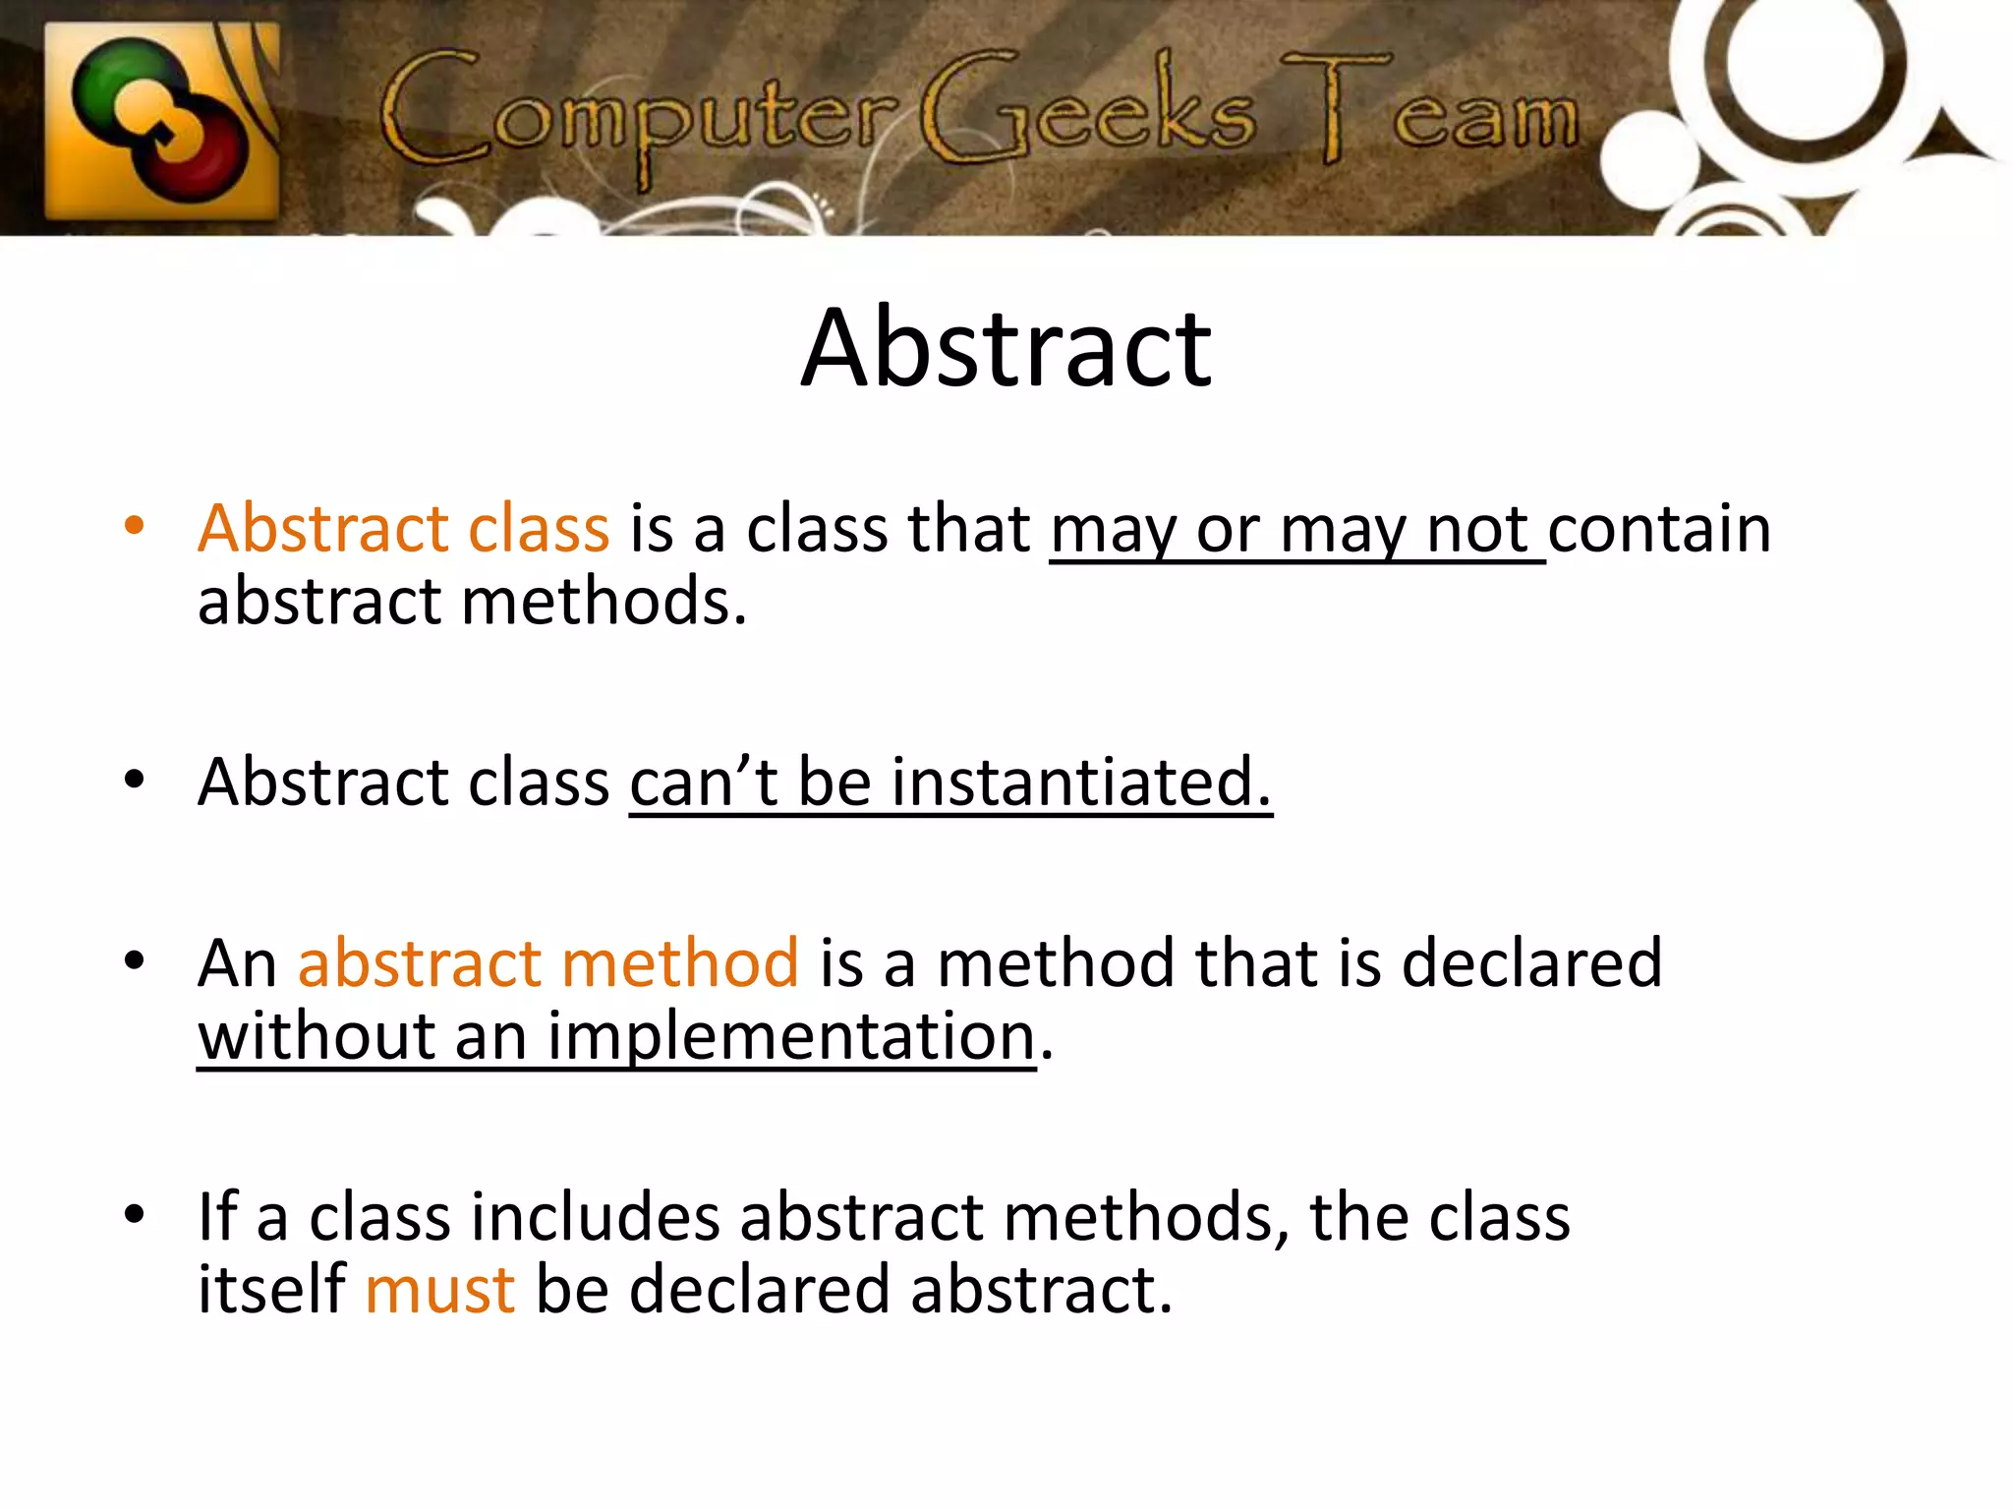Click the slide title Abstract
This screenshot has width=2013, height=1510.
(1006, 349)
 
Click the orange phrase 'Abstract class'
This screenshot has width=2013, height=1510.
(403, 529)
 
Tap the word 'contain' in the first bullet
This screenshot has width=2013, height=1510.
(1659, 529)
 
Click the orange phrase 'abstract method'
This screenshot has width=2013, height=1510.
(547, 962)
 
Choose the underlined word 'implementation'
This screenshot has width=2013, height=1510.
(791, 1037)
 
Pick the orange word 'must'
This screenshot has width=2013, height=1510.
(439, 1290)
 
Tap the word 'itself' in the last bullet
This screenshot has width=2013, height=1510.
(271, 1290)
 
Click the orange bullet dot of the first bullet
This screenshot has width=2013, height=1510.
(135, 525)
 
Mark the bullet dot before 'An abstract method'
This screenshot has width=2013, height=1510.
(135, 959)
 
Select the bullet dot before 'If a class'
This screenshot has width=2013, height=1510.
(135, 1214)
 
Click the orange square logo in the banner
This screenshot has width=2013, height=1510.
(162, 120)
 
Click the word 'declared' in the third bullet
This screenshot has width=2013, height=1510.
(1531, 962)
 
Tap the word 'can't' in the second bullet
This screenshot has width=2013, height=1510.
(704, 783)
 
